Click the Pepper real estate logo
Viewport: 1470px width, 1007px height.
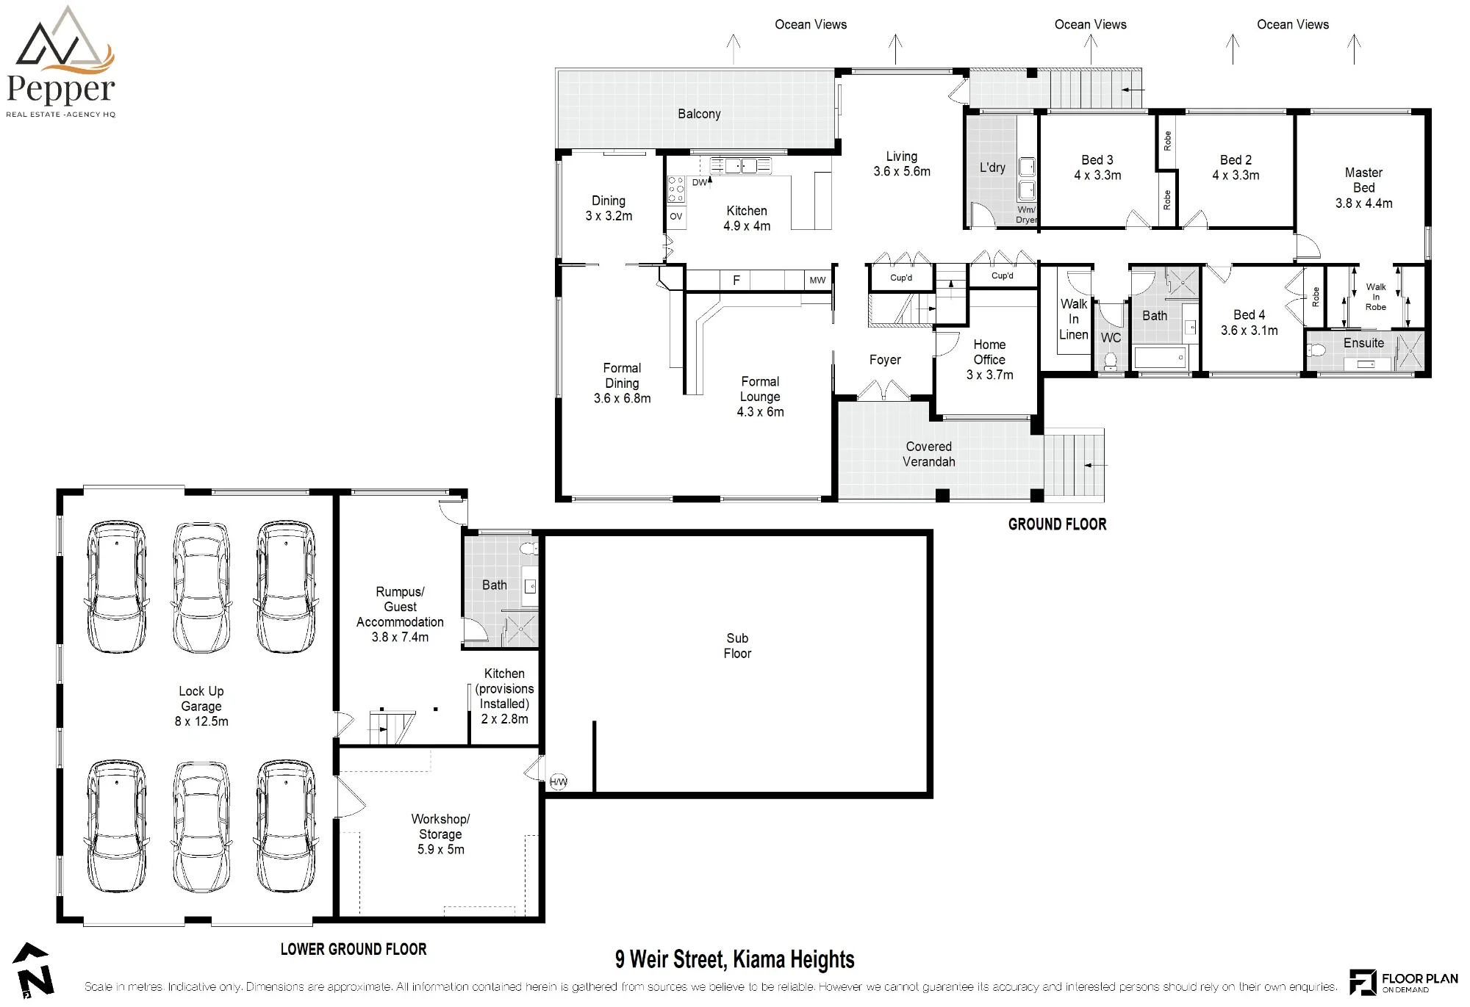coord(60,62)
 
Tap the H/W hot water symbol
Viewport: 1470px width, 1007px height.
coord(559,782)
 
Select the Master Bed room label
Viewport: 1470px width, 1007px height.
coord(1363,180)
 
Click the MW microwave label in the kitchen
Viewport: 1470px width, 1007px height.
coord(817,280)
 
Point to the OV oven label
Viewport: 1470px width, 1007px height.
coord(676,216)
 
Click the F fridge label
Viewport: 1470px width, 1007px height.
coord(736,280)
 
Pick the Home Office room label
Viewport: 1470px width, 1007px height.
coord(989,352)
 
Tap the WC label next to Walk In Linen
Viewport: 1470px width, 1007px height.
coord(1111,338)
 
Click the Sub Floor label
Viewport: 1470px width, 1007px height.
coord(737,646)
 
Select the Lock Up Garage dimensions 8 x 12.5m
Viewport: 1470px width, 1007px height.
coord(201,721)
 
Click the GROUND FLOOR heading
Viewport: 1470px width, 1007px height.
coord(1057,524)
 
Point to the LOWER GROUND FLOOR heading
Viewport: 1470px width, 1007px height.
coord(354,949)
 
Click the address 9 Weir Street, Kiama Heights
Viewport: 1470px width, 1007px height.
coord(735,959)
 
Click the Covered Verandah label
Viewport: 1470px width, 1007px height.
coord(929,454)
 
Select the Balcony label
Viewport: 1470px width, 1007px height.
coord(699,114)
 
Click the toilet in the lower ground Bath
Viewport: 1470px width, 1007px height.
coord(528,548)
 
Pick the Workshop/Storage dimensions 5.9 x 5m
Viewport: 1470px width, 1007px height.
coord(441,849)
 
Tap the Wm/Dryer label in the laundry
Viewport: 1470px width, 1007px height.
coord(1027,214)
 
